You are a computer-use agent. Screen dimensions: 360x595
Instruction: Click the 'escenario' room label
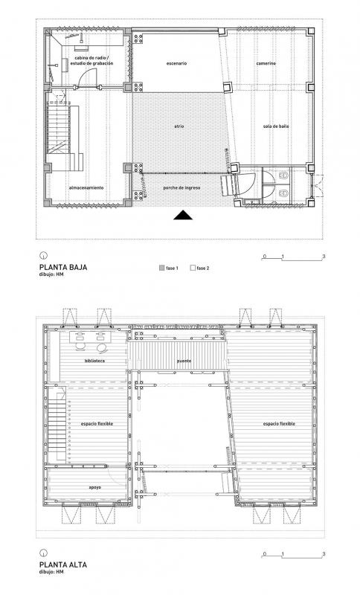176,63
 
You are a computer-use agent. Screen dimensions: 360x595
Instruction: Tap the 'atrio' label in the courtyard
179,126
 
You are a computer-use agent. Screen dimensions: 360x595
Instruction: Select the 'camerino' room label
266,63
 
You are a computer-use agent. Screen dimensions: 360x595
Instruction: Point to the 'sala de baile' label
276,126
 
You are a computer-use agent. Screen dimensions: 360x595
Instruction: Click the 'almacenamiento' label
86,187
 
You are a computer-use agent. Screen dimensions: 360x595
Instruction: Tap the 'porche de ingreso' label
181,187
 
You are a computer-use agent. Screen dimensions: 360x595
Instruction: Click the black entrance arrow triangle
183,215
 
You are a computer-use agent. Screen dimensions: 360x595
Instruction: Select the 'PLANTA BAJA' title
63,267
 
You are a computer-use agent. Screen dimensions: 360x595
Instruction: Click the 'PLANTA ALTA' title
63,565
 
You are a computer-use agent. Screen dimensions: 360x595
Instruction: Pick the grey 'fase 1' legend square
161,268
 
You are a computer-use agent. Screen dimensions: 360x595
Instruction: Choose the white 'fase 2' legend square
193,268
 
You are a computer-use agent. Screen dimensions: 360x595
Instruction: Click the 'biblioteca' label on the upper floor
95,361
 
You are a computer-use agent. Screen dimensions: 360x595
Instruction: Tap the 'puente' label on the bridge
184,361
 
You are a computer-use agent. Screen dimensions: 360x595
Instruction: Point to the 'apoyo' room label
95,487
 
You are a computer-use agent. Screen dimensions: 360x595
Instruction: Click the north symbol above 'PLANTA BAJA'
44,255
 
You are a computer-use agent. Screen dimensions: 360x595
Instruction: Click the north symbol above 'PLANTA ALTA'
44,553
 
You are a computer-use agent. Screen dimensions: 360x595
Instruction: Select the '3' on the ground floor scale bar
324,257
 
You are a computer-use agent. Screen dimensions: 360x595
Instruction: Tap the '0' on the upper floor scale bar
264,554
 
